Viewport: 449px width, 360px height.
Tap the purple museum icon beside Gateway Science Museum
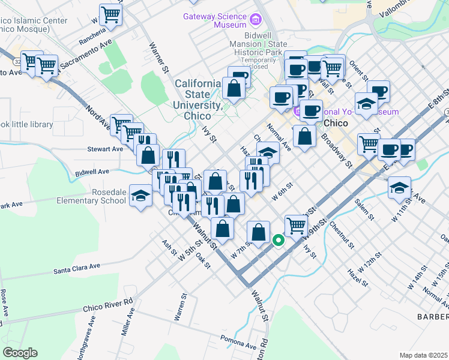click(x=256, y=20)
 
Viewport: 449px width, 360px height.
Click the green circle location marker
click(x=279, y=241)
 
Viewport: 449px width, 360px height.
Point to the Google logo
click(x=20, y=352)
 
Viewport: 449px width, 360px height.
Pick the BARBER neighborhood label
click(x=433, y=316)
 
